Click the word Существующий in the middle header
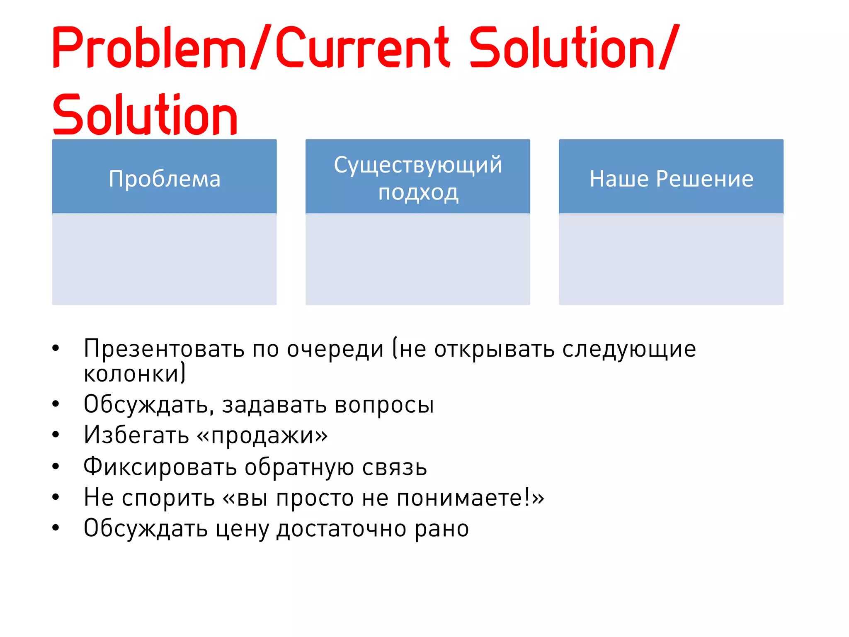click(417, 165)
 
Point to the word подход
click(418, 192)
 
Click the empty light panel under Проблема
click(164, 260)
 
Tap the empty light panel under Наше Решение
click(671, 260)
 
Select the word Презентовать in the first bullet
click(164, 348)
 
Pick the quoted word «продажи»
click(262, 435)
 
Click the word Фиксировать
click(160, 467)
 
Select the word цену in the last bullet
click(242, 528)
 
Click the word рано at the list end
click(442, 529)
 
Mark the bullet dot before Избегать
click(56, 435)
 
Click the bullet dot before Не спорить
click(56, 497)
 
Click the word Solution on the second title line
click(145, 115)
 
